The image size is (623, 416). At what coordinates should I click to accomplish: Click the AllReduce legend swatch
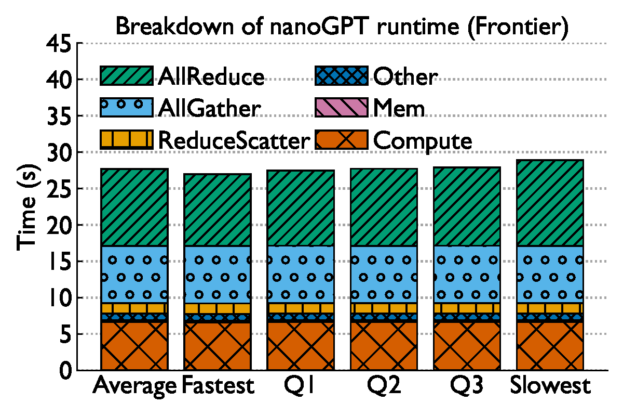(126, 76)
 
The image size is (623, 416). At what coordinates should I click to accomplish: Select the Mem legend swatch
(342, 108)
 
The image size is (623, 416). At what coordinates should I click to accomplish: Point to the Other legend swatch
(342, 76)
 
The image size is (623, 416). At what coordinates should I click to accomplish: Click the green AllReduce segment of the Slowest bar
(550, 203)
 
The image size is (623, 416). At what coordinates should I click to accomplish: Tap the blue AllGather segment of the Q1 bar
(301, 274)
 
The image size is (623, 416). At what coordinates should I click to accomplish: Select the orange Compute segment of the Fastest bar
(218, 347)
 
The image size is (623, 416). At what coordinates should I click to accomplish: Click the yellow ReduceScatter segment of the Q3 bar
(467, 308)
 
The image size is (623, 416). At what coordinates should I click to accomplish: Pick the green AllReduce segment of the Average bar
(134, 207)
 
